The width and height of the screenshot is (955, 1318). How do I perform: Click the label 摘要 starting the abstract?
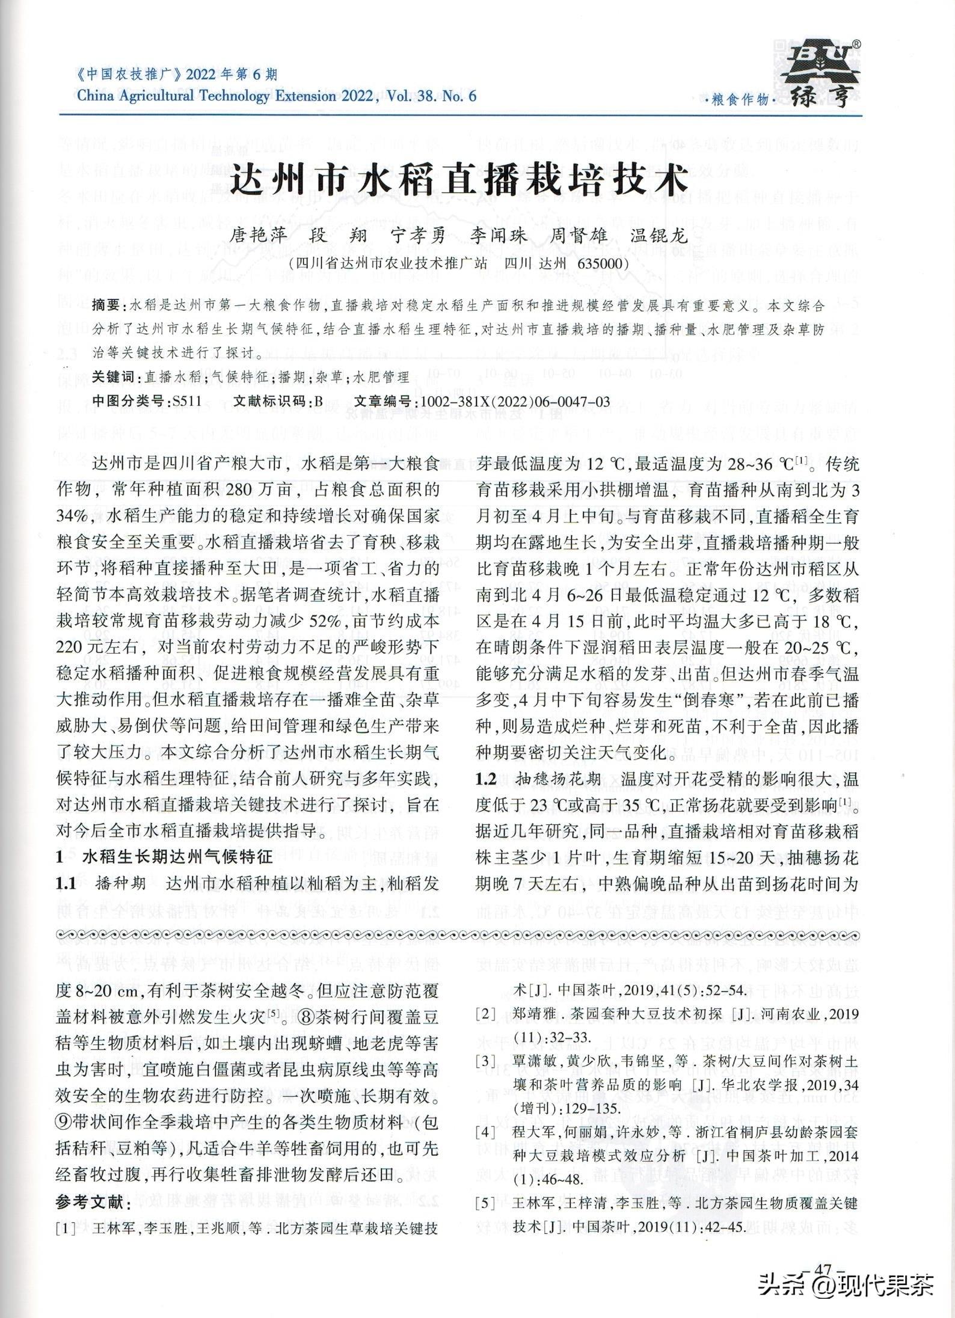coord(106,306)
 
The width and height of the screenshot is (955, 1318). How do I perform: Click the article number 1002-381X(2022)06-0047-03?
coord(515,402)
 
